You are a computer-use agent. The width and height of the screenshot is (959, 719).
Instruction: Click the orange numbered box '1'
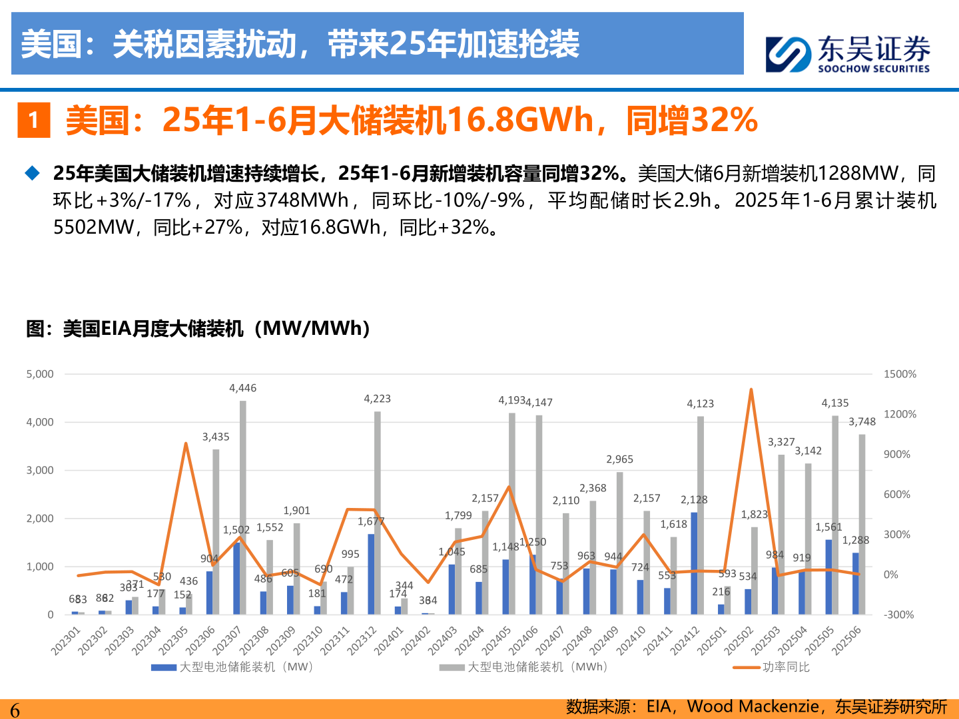pos(33,120)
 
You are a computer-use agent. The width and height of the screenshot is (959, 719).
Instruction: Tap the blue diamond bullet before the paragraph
pos(32,174)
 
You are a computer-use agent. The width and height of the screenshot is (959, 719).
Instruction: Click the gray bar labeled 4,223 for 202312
pos(378,513)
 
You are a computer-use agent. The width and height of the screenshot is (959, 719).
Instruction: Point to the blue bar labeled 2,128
pos(694,563)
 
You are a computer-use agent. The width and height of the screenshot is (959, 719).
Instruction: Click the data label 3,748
pos(862,422)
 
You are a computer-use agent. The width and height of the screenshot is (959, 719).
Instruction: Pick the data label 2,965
pos(619,459)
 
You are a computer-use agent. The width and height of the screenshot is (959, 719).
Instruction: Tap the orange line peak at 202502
pos(751,390)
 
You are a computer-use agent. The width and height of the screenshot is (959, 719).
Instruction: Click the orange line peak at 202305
pos(186,443)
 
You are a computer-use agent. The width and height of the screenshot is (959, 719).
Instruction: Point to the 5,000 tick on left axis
pos(40,374)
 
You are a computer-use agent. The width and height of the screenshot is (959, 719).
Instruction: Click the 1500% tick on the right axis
pos(900,374)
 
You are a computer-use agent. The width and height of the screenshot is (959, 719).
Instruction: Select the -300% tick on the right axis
pos(898,614)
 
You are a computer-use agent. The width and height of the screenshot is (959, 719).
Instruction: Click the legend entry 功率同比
pos(786,667)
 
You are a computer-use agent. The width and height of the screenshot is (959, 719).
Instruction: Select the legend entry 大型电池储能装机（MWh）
pos(537,667)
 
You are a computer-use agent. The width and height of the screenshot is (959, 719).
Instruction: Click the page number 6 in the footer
pos(15,710)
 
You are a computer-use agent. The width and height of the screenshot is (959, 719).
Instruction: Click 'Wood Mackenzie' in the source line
pos(753,706)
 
